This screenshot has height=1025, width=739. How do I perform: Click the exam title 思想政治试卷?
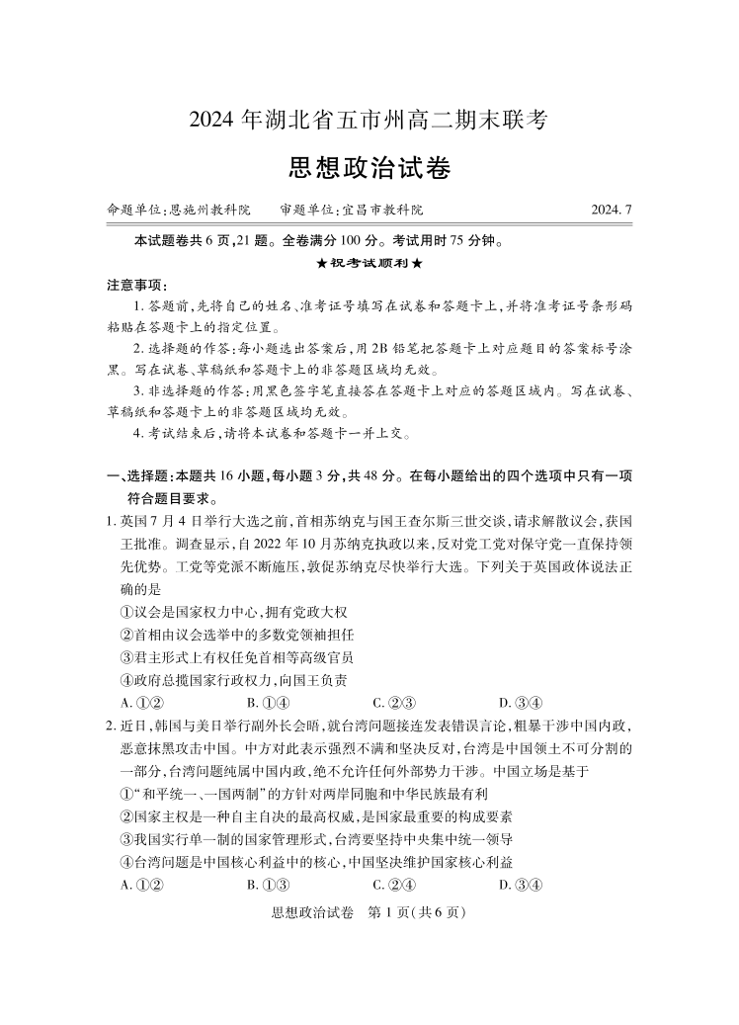[x=369, y=168]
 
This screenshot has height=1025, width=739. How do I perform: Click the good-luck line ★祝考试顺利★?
[x=369, y=263]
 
